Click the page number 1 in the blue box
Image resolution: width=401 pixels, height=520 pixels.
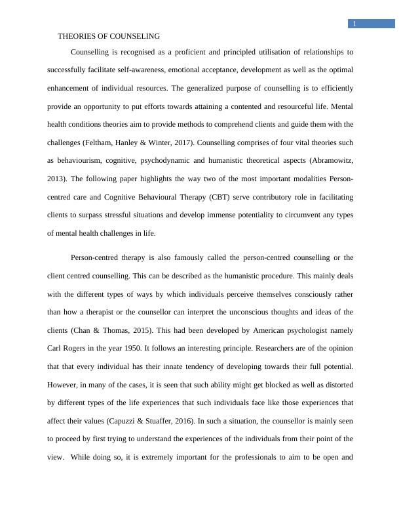[x=354, y=24]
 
